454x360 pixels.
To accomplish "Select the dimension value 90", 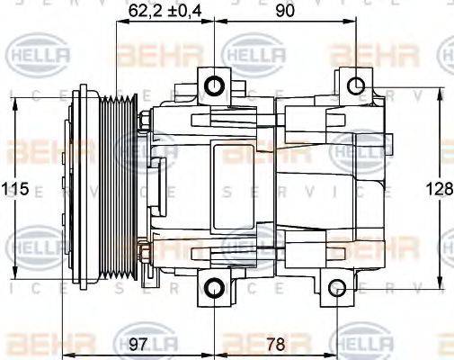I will click(286, 11).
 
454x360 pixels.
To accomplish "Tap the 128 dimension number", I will click(437, 189).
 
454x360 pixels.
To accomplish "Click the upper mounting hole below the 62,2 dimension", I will click(214, 85).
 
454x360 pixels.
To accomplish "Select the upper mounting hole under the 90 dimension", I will click(356, 85).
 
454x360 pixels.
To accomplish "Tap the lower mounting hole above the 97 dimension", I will click(213, 288).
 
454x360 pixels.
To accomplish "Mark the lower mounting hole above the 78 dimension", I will click(336, 288).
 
